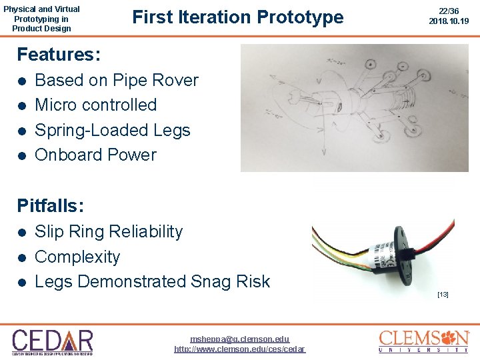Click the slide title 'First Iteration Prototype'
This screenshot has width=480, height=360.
[x=238, y=17]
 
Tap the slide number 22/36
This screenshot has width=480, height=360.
[x=449, y=11]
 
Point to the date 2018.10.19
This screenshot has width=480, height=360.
[x=449, y=21]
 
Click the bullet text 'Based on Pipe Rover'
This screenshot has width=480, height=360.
[x=116, y=80]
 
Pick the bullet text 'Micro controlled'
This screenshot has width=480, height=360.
[x=95, y=105]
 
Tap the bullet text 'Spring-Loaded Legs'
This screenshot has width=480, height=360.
[x=112, y=130]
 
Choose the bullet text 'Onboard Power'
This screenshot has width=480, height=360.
[x=95, y=155]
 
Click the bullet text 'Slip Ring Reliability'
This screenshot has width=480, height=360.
[x=108, y=231]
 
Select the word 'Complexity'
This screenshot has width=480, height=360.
[x=77, y=257]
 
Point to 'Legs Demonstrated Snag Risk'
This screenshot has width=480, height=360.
[x=152, y=281]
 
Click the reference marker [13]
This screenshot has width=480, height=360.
[x=443, y=294]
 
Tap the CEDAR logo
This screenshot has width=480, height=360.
[x=53, y=340]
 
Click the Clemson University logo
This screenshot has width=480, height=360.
[x=424, y=340]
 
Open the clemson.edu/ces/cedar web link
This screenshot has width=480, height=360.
[x=239, y=349]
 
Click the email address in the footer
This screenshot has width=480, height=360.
[x=239, y=339]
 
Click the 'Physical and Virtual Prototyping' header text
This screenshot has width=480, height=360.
[x=41, y=19]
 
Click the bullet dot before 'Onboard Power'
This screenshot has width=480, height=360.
[x=22, y=155]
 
